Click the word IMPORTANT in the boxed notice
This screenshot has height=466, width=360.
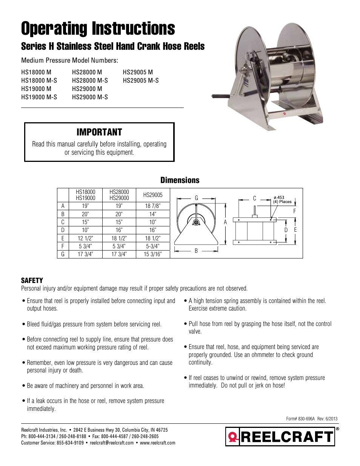tap(99, 132)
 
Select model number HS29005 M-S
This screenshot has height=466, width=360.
tap(141, 80)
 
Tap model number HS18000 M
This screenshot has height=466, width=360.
tap(36, 72)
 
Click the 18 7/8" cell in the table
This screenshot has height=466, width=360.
tap(152, 206)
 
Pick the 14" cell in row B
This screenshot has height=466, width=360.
tap(152, 214)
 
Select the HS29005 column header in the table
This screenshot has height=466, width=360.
tap(152, 195)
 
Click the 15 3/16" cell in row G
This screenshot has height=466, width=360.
tap(152, 254)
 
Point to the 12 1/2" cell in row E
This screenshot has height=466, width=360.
tap(85, 238)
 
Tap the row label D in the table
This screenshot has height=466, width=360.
tap(63, 230)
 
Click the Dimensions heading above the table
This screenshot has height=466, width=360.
tap(180, 180)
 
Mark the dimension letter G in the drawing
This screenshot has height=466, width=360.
tap(196, 198)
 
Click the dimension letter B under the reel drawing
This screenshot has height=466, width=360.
tap(196, 251)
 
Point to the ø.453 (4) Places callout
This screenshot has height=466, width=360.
tap(282, 200)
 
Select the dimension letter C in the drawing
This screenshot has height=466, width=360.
tap(254, 198)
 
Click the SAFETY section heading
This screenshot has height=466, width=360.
tap(32, 280)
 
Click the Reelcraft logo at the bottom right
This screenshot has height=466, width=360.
tap(280, 437)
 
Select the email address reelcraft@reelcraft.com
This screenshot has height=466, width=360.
tap(112, 443)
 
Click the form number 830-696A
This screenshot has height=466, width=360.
tap(306, 418)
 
